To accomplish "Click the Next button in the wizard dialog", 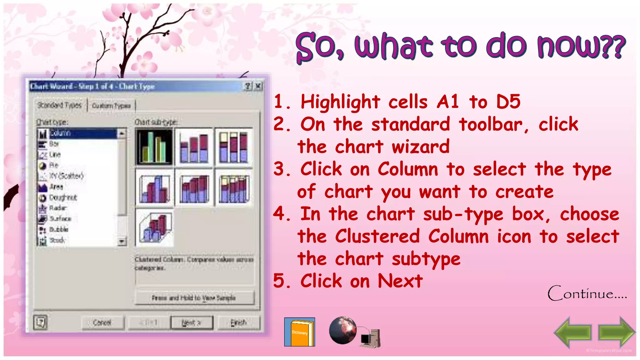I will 192,322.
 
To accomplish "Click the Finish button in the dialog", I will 238,322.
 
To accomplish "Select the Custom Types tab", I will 111,106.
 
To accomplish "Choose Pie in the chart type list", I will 54,165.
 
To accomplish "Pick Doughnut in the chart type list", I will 62,197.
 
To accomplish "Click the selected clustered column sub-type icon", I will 154,146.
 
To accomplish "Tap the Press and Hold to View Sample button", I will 194,298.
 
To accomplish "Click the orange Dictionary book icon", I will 299,332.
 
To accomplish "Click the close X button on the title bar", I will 258,86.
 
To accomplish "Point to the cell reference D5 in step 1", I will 508,102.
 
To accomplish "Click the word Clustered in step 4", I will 377,236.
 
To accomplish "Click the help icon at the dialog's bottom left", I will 40,322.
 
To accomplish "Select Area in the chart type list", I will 56,187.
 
